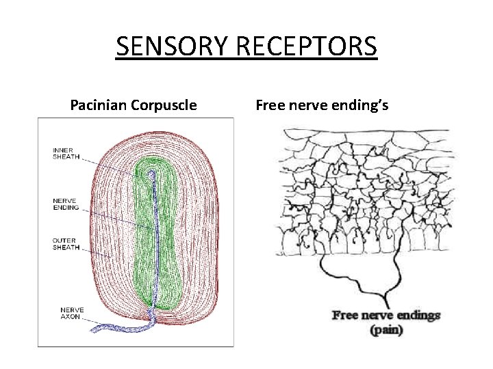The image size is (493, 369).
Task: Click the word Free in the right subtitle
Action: coord(270,105)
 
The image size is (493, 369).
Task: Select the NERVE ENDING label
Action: coord(66,204)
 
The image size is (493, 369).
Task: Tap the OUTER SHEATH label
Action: coord(65,243)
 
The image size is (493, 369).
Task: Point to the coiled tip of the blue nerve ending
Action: coord(151,175)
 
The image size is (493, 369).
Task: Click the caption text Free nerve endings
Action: coord(385,315)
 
